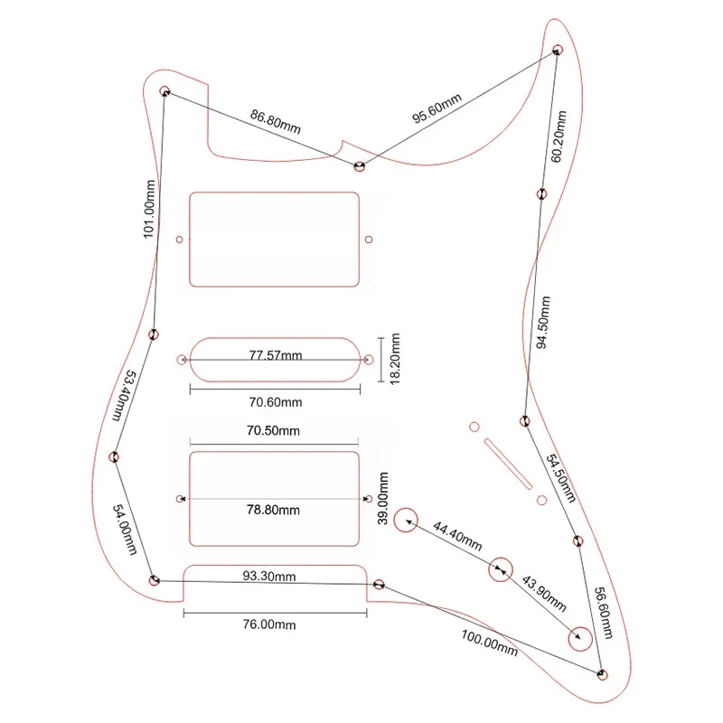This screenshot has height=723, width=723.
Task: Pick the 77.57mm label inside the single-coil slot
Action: coord(275,355)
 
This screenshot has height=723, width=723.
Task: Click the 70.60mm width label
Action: coord(275,402)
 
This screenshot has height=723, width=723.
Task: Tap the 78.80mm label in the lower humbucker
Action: coord(275,511)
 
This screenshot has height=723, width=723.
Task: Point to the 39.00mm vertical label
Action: coord(385,499)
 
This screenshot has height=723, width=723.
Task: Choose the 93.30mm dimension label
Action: coord(268,576)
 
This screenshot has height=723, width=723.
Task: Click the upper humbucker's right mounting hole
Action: coord(368,240)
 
